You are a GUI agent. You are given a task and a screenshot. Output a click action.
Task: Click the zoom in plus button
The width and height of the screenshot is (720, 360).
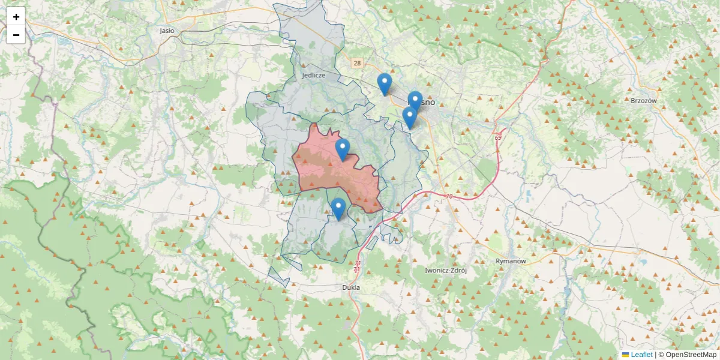point(16,17)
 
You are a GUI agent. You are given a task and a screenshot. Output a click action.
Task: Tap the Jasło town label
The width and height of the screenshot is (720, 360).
point(167,30)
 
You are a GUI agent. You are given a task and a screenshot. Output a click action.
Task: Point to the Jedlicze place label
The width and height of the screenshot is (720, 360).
point(314,76)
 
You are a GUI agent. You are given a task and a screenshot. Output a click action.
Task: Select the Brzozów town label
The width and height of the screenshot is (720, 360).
point(644,101)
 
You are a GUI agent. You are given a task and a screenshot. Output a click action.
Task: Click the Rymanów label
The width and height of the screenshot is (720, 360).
point(511,261)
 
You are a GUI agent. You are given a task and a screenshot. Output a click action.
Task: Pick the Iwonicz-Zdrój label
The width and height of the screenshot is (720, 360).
point(445,270)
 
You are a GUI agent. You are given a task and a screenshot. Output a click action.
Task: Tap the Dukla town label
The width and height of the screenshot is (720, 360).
point(350,287)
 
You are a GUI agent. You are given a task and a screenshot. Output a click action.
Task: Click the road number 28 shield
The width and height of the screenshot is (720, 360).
point(358,63)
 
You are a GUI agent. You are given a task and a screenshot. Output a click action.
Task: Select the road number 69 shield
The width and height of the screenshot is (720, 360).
point(498,138)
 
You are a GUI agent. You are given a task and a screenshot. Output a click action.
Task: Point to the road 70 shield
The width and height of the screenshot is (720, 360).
point(449,196)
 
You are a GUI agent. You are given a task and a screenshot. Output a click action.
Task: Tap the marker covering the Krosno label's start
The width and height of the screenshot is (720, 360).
point(415,101)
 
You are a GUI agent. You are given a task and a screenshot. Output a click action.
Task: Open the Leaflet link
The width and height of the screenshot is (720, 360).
point(641,355)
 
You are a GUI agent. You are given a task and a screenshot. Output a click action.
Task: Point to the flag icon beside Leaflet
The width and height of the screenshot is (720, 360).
point(625,355)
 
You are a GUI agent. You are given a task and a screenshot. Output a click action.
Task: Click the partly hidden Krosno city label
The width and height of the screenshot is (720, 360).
point(427,103)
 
